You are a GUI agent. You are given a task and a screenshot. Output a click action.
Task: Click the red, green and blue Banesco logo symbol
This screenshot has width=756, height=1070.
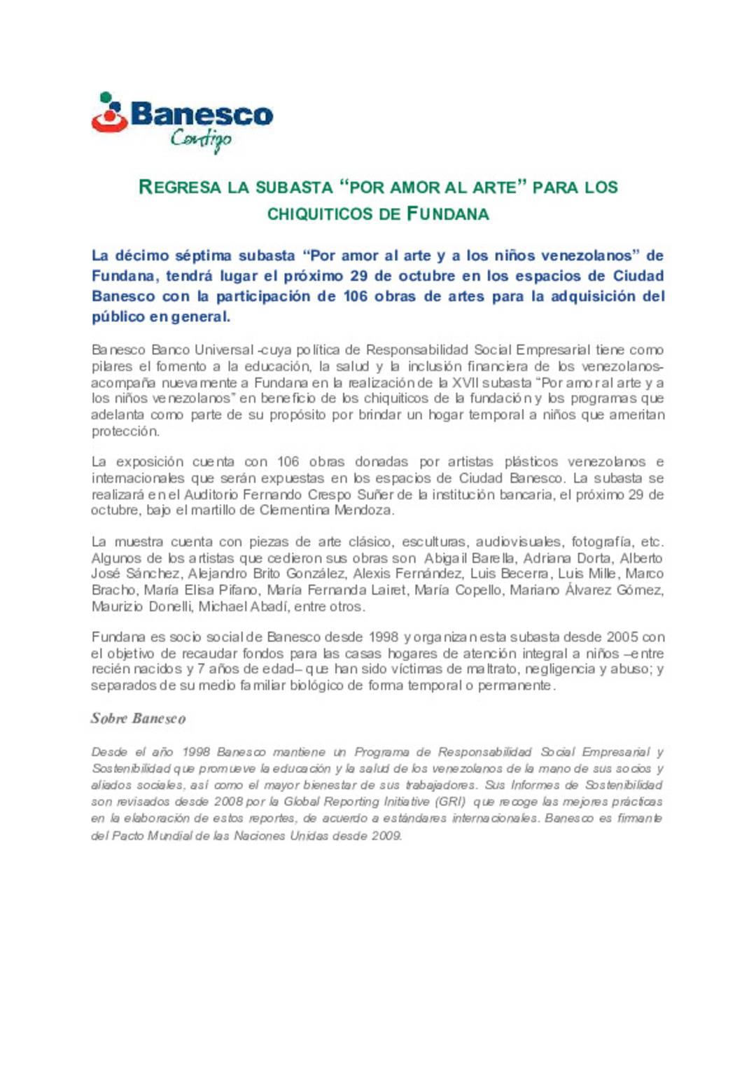click(x=109, y=113)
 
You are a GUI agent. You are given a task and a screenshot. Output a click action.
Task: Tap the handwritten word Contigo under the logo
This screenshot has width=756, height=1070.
click(x=201, y=139)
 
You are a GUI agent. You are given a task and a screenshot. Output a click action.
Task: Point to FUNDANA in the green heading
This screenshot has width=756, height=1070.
click(x=448, y=214)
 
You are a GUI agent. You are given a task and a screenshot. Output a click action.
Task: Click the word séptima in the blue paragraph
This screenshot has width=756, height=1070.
click(x=203, y=256)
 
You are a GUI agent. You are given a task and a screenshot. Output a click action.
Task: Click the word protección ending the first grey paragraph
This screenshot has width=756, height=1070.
click(x=125, y=431)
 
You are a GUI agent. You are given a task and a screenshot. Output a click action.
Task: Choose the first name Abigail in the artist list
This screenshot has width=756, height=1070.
click(x=444, y=558)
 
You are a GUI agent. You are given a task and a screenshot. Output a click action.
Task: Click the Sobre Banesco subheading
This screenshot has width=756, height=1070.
click(x=138, y=718)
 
